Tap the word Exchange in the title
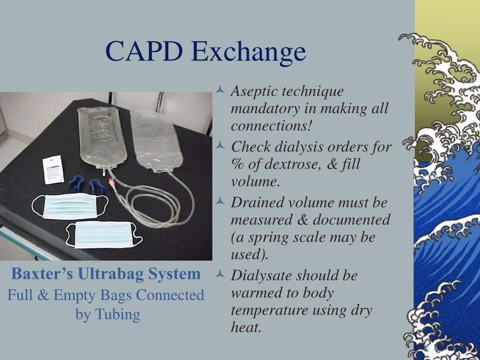pos(249,51)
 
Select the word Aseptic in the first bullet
pos(254,91)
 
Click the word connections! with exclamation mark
pos(271,126)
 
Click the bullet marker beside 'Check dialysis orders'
pos(221,146)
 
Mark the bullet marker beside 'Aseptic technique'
pos(221,90)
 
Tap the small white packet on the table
pos(53,170)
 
